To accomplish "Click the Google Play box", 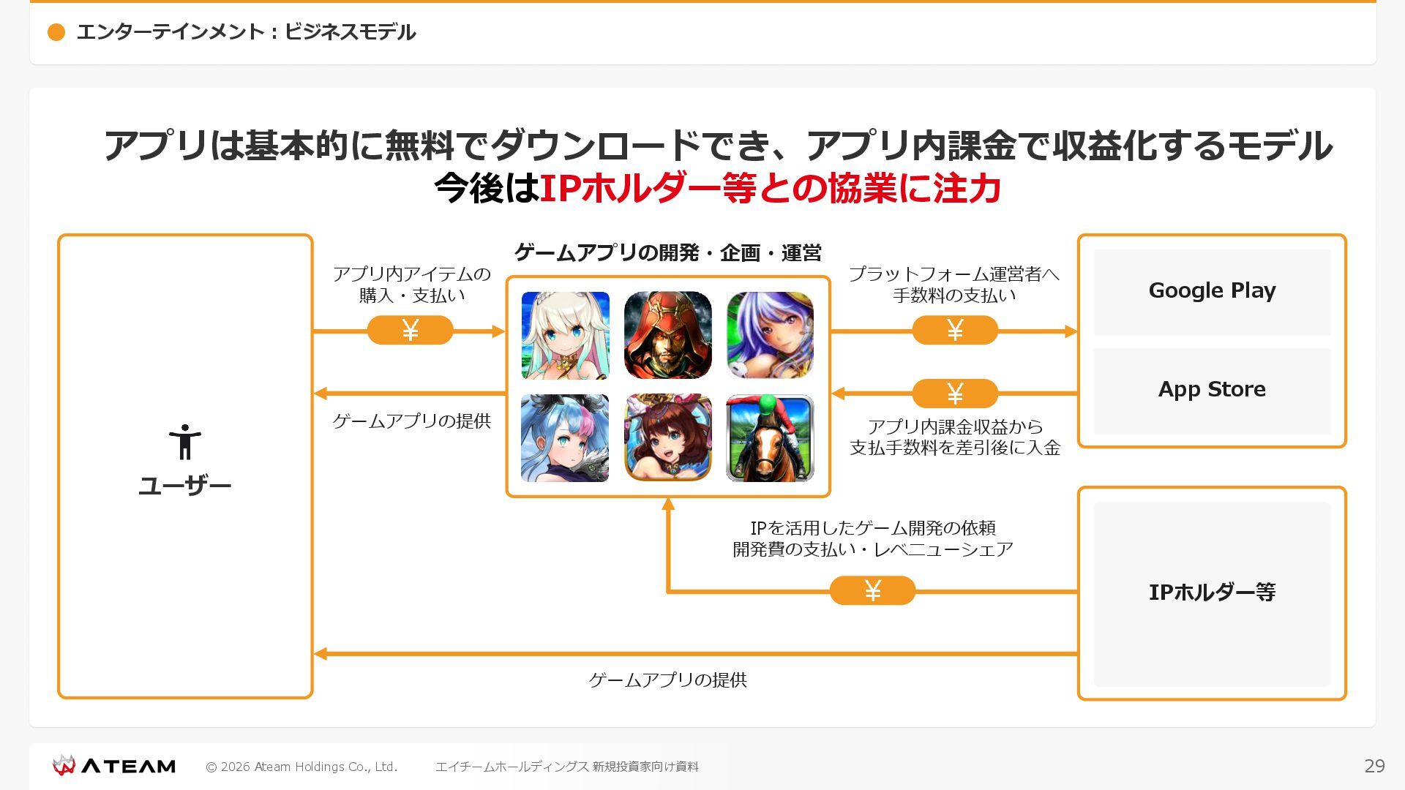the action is pyautogui.click(x=1212, y=291).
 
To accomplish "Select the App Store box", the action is pyautogui.click(x=1212, y=390).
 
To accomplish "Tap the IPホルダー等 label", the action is pyautogui.click(x=1212, y=592).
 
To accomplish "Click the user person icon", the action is pyautogui.click(x=184, y=442).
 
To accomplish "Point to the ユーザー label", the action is pyautogui.click(x=184, y=486).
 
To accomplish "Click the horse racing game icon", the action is pyautogui.click(x=770, y=438).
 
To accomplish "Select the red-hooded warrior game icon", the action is pyautogui.click(x=667, y=335).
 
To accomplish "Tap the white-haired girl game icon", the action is pyautogui.click(x=565, y=335).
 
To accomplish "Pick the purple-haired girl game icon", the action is pyautogui.click(x=770, y=335).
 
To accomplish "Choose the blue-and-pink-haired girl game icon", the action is pyautogui.click(x=565, y=438).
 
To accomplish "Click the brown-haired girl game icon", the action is pyautogui.click(x=667, y=438).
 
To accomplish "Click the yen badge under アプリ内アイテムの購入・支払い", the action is pyautogui.click(x=410, y=331).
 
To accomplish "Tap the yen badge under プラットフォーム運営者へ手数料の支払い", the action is pyautogui.click(x=955, y=331).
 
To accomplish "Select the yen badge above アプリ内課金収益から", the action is pyautogui.click(x=955, y=394).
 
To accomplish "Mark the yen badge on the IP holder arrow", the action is pyautogui.click(x=872, y=590).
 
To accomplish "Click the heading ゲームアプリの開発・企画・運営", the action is pyautogui.click(x=667, y=253).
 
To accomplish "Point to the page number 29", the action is pyautogui.click(x=1374, y=766).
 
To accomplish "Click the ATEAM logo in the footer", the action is pyautogui.click(x=114, y=766).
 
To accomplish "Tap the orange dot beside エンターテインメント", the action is pyautogui.click(x=56, y=32).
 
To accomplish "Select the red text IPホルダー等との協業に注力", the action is pyautogui.click(x=770, y=189).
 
